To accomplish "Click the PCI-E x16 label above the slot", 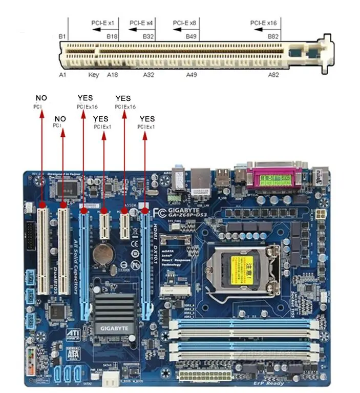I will tap(263, 23).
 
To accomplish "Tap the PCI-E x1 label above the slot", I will tap(104, 23).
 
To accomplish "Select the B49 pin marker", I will tap(192, 36).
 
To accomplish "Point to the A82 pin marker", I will tap(274, 75).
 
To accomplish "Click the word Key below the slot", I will tap(93, 75).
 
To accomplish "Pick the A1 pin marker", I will tap(62, 75).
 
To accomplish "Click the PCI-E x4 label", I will tap(141, 23).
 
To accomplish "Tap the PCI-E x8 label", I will tap(184, 23).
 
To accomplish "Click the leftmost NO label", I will tap(41, 98).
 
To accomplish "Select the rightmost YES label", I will tap(147, 119).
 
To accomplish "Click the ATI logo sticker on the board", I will tap(73, 333).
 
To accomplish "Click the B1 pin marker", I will tap(62, 36).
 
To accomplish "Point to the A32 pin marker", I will tap(149, 75).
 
